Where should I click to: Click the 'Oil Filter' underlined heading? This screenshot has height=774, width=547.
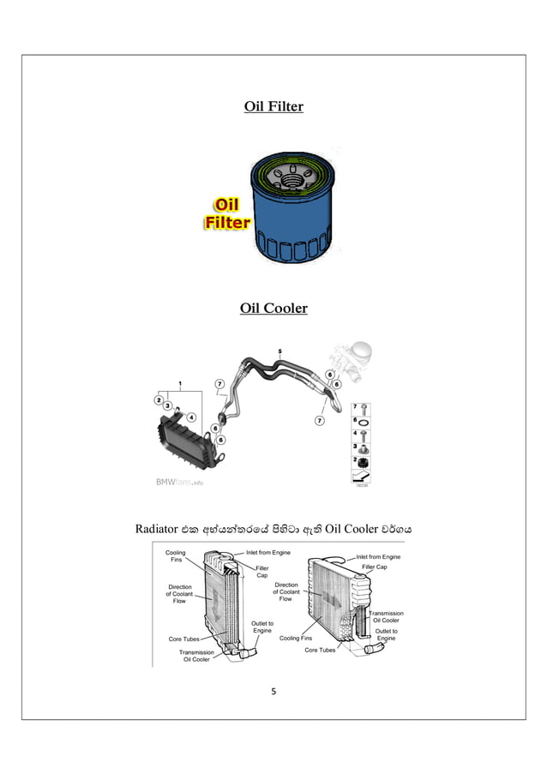pos(273,107)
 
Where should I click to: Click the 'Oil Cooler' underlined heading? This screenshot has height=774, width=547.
pos(273,308)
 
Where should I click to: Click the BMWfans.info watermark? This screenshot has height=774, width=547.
pos(179,483)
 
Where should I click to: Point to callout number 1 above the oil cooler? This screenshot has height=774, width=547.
pos(180,382)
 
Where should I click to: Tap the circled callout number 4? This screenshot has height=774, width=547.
pos(191,417)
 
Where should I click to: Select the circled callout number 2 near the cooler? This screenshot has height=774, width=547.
pos(159,399)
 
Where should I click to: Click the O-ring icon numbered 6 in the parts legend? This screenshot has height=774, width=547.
pos(364,422)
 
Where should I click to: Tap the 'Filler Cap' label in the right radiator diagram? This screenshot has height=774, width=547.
pos(373,567)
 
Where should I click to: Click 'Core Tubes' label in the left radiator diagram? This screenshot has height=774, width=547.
pos(183,639)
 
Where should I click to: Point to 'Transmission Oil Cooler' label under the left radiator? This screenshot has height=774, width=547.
pos(195,656)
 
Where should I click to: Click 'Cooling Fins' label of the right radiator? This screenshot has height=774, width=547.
pos(296,638)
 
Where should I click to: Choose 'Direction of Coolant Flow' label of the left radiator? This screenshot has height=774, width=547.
pos(179,594)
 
